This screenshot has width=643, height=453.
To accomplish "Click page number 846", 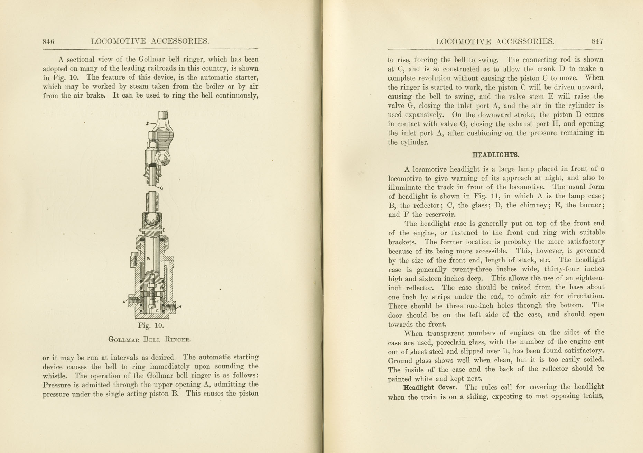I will (48, 42).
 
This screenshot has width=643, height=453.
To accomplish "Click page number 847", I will (597, 41).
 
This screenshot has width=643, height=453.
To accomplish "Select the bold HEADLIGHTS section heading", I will (495, 155).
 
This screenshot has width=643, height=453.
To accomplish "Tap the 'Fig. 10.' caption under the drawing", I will (151, 325).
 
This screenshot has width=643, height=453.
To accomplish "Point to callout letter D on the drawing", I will (148, 123).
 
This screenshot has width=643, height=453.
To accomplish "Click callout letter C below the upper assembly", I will (161, 188).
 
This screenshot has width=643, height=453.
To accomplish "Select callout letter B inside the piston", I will (148, 258).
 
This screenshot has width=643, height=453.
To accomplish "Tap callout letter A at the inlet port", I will (124, 302).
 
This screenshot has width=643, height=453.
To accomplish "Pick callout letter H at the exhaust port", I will (180, 306).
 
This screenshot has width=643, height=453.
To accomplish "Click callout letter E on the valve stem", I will (158, 302).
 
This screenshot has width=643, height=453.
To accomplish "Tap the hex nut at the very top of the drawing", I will (162, 115).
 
